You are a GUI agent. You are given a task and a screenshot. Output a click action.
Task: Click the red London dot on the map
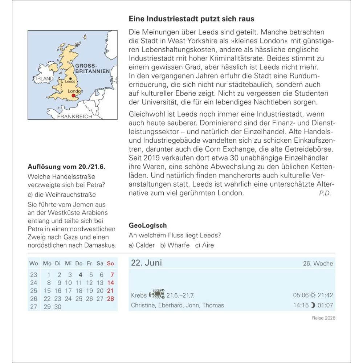(73, 95)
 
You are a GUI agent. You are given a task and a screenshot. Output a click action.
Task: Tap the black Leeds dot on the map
(70, 78)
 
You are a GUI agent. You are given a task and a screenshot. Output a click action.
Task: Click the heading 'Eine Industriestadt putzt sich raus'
(192, 19)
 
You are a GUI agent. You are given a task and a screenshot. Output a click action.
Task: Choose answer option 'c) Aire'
(204, 245)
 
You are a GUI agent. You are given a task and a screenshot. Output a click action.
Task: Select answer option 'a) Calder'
(142, 245)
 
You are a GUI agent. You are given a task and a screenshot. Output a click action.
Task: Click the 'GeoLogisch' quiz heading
(148, 225)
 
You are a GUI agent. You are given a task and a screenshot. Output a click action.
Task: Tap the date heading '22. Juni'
(146, 263)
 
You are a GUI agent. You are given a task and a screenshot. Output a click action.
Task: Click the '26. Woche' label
(318, 264)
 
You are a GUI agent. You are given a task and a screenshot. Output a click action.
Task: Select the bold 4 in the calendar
(81, 275)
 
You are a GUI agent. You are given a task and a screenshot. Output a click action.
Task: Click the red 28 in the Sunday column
(111, 299)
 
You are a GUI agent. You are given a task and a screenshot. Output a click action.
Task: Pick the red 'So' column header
(110, 263)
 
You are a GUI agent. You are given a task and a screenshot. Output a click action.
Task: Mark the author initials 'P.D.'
(325, 193)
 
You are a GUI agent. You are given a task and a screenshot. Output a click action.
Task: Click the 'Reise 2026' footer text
(324, 318)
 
